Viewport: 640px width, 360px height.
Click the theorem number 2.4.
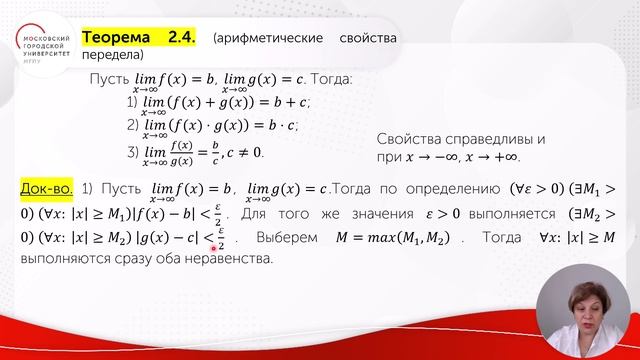[184, 38]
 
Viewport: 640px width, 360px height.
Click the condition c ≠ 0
[254, 152]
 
